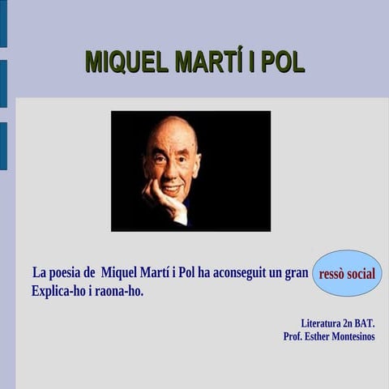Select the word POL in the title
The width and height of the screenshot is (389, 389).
[x=284, y=62]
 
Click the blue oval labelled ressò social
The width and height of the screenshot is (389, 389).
[x=347, y=273]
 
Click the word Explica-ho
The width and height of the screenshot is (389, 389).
[x=58, y=290]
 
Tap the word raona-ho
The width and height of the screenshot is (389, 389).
[x=121, y=290]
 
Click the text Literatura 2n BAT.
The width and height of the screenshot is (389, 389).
[x=338, y=323]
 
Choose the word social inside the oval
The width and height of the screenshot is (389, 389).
[x=361, y=273]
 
